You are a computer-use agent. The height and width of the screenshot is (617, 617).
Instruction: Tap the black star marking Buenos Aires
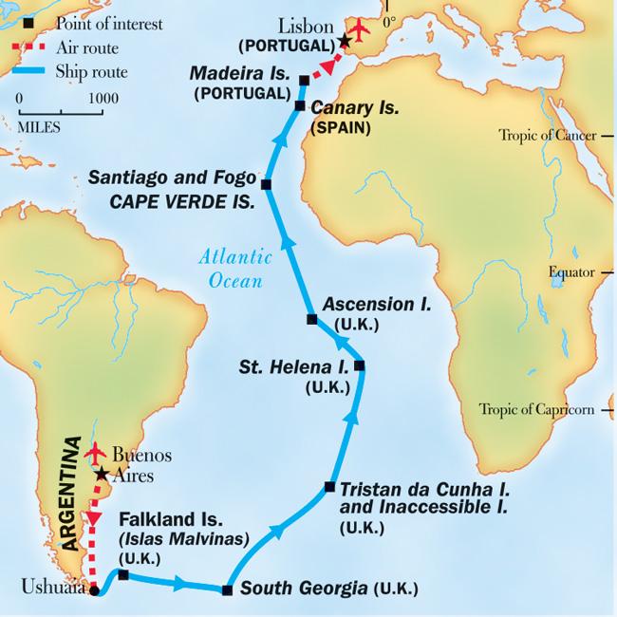[x=102, y=472]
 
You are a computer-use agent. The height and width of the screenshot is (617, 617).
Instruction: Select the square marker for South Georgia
[x=226, y=590]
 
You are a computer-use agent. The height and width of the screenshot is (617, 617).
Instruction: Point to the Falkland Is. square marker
[x=122, y=574]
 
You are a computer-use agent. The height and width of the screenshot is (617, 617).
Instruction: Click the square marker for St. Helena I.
[x=358, y=365]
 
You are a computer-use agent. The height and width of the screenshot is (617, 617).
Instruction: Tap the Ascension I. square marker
[x=311, y=319]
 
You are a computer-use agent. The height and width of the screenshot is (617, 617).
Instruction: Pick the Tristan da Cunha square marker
[x=328, y=487]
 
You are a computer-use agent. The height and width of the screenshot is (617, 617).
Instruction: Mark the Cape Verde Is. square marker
[x=266, y=184]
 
